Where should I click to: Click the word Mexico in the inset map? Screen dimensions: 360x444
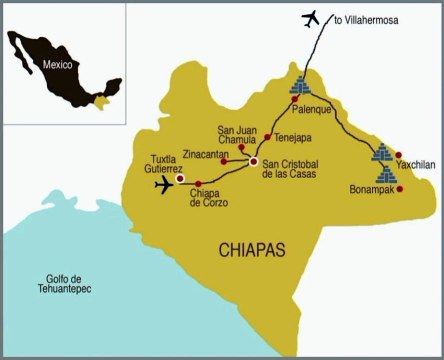pos(58,62)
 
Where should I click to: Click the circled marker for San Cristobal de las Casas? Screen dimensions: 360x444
pos(254,161)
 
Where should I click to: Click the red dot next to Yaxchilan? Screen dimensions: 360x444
pos(398,156)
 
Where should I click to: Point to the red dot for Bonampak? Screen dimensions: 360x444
pos(399,187)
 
